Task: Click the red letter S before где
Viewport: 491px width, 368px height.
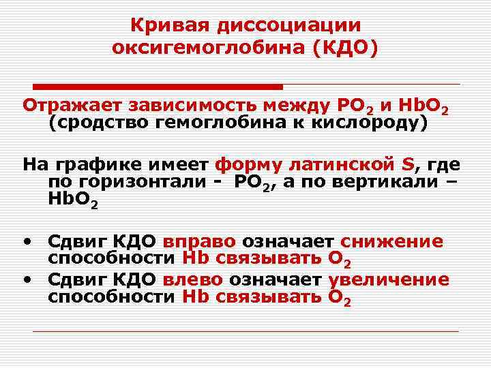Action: [408, 164]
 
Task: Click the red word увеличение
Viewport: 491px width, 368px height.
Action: [389, 279]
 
